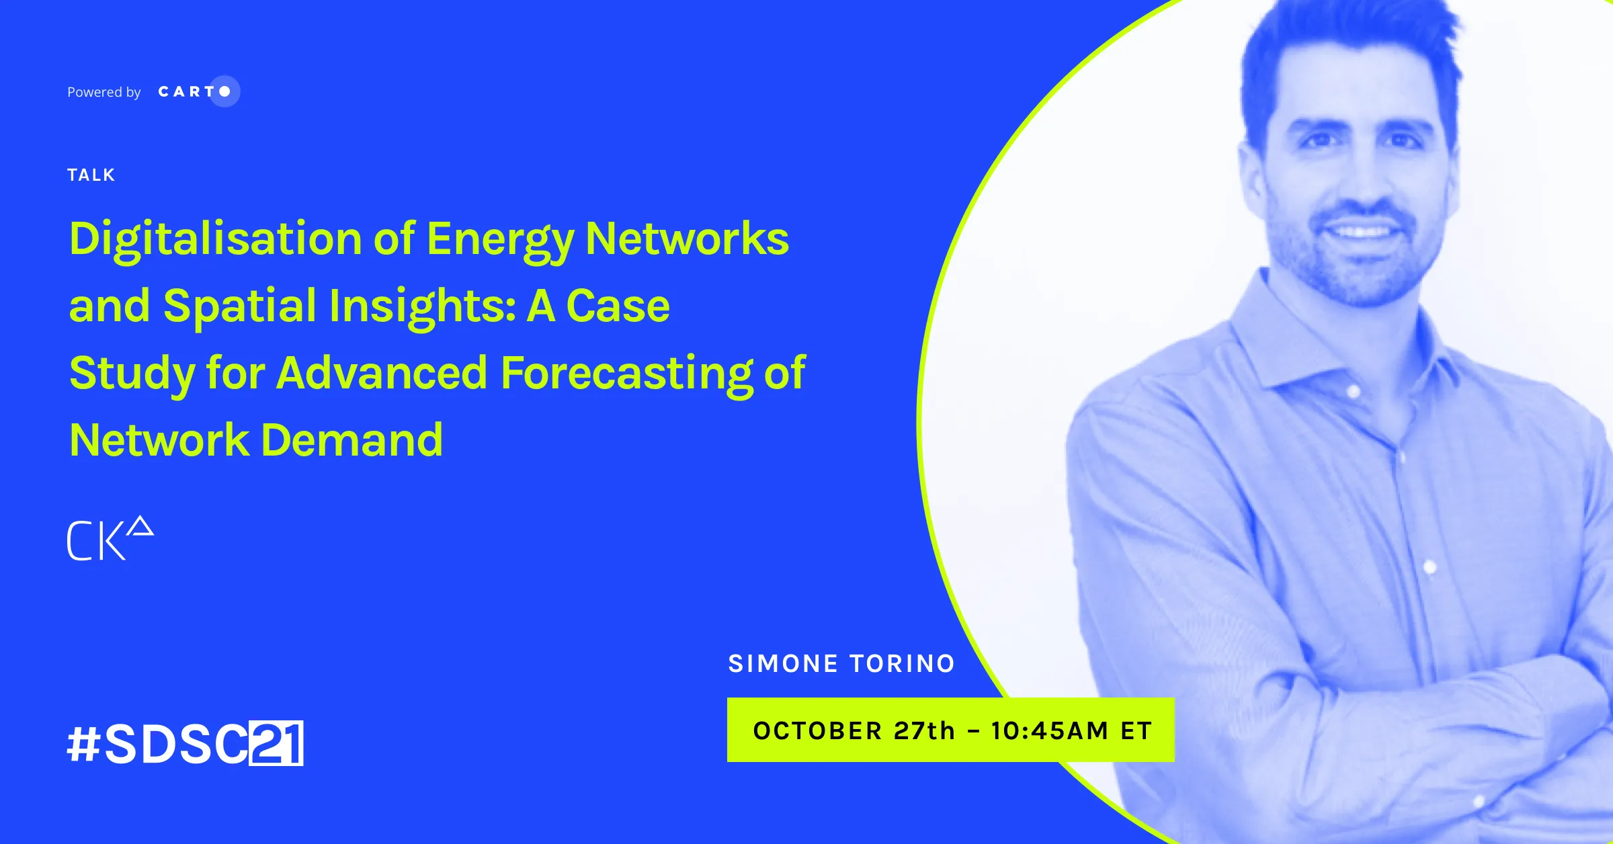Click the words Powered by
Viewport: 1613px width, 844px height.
pyautogui.click(x=104, y=92)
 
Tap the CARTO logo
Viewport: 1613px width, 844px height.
pyautogui.click(x=199, y=91)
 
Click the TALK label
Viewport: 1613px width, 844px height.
pyautogui.click(x=91, y=175)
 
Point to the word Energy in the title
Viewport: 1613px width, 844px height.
pyautogui.click(x=500, y=240)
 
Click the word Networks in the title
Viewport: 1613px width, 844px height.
pyautogui.click(x=688, y=239)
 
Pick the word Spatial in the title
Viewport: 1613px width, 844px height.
pyautogui.click(x=240, y=306)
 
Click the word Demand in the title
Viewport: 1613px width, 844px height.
pyautogui.click(x=351, y=440)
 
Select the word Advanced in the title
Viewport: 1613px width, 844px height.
pyautogui.click(x=382, y=373)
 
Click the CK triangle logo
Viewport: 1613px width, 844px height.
pyautogui.click(x=111, y=538)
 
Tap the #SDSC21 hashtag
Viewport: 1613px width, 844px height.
pyautogui.click(x=185, y=743)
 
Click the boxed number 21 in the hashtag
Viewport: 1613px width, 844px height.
pyautogui.click(x=276, y=743)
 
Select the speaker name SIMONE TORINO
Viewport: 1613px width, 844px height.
pyautogui.click(x=841, y=664)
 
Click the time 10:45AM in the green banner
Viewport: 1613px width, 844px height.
pyautogui.click(x=1049, y=730)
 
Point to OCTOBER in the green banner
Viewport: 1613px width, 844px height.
pyautogui.click(x=818, y=730)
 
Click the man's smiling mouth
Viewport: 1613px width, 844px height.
pyautogui.click(x=1361, y=232)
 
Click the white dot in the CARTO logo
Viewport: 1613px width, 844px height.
pyautogui.click(x=225, y=91)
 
